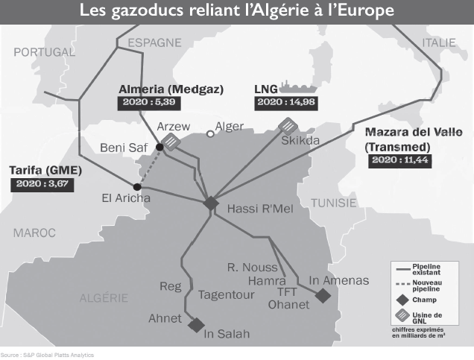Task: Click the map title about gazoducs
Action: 237,13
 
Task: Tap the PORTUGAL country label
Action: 44,52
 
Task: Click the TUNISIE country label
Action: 333,203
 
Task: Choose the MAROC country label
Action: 34,233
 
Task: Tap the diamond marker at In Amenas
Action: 323,296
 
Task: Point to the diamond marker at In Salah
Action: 197,325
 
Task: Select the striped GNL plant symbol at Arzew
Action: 172,142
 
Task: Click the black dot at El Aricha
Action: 136,186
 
